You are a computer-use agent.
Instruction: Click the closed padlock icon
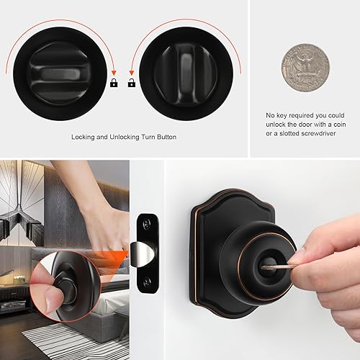pos(114,84)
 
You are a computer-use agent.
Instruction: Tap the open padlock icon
pos(132,84)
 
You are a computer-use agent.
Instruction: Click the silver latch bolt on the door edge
pos(146,253)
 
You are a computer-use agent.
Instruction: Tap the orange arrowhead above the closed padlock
pos(114,71)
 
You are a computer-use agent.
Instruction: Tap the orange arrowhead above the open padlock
pos(131,71)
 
